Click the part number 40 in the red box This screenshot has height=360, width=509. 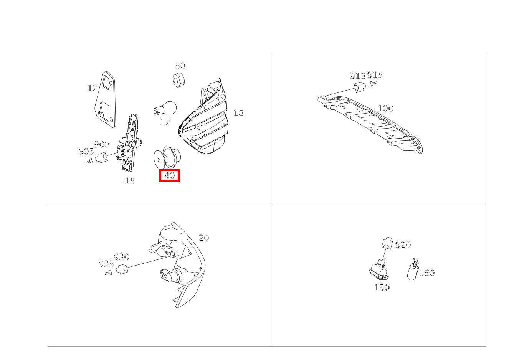pos(170,175)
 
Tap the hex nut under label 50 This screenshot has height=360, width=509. pos(178,80)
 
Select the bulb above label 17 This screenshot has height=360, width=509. pos(165,108)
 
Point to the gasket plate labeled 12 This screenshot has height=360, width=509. pos(105,99)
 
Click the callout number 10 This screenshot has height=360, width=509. pos(238,113)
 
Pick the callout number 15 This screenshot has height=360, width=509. pos(130,181)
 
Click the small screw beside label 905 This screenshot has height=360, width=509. pos(89,161)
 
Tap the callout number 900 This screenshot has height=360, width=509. pos(102,144)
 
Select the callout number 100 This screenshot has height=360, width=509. pos(385,108)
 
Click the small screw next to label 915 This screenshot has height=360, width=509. pos(373,84)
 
